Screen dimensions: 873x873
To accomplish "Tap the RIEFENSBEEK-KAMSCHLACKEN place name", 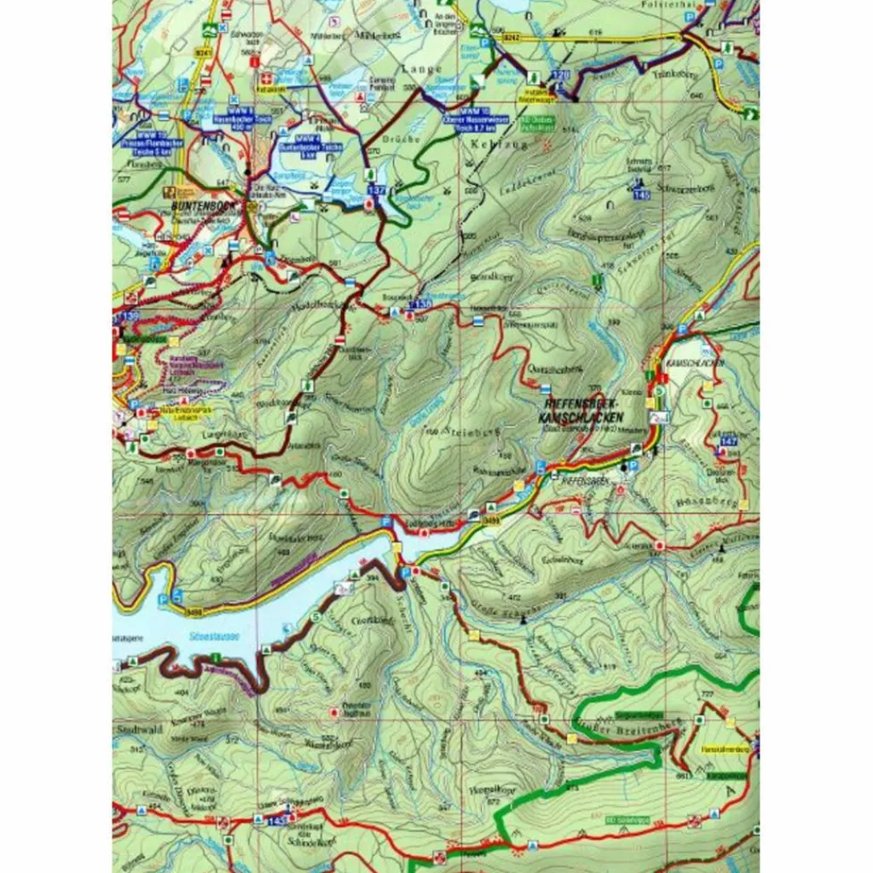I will coord(581,412).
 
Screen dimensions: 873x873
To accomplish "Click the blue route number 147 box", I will coord(728,441).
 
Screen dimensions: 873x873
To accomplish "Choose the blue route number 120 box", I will coord(560,76).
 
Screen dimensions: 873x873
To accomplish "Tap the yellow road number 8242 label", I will coord(512,38).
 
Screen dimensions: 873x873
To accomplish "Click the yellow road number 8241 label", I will coord(202,53).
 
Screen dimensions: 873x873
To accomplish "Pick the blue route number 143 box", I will coord(276,821).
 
